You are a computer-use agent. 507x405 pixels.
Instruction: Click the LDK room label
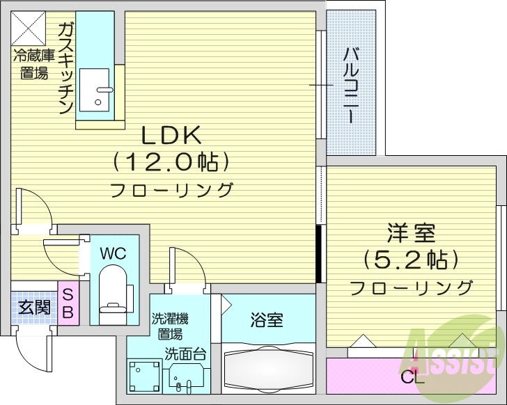tap(171, 134)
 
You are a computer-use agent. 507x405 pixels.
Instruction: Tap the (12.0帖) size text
tap(171, 162)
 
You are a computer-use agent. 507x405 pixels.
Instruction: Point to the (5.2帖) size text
tap(410, 260)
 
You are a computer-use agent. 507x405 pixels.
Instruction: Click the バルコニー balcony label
tap(352, 82)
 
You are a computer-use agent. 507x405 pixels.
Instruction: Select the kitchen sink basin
tap(95, 90)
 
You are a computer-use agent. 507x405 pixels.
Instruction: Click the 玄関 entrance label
tap(34, 307)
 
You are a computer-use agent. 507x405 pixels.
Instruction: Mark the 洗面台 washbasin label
tap(185, 353)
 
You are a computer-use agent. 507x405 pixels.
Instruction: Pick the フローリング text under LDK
tap(171, 189)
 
